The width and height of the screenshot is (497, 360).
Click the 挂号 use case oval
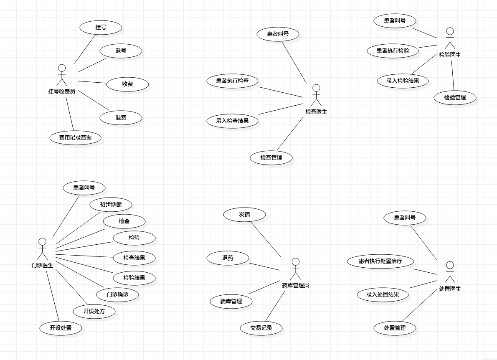coord(101,28)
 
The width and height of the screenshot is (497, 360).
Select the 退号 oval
coord(121,51)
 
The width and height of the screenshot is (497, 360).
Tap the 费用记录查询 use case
coord(75,137)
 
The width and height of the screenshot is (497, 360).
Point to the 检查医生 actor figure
coord(316,96)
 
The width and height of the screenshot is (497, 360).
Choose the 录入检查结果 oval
coord(232,121)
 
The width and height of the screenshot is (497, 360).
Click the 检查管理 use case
coord(271,158)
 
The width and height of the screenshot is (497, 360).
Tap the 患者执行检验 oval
coord(393,51)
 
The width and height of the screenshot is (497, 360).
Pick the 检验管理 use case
coord(455,98)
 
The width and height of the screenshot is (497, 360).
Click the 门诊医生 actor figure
coord(42,249)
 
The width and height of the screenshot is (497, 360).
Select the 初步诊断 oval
coord(111,205)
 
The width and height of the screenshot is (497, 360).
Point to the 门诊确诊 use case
coord(117,294)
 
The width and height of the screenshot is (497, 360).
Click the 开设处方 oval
coord(94,311)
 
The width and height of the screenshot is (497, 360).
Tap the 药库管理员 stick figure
coord(296,269)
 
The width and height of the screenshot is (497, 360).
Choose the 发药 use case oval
coord(244,215)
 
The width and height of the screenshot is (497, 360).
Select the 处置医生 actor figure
coord(450,273)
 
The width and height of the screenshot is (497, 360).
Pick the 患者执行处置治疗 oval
coord(380,261)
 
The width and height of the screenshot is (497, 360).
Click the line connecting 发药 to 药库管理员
coord(266,239)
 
